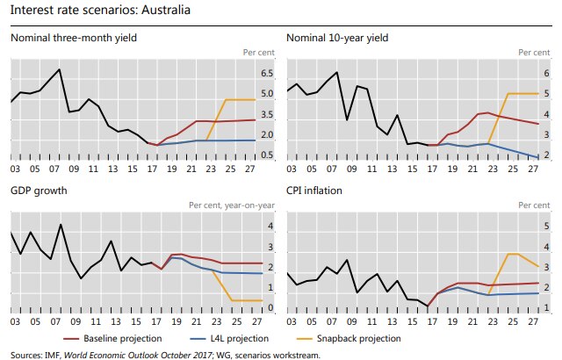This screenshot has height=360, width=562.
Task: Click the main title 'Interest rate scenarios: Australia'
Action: (x=98, y=11)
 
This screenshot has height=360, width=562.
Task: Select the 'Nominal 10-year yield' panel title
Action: (x=337, y=38)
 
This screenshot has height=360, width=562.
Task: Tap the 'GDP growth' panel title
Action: (x=39, y=190)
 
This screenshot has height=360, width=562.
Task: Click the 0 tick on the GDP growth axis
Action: (x=270, y=307)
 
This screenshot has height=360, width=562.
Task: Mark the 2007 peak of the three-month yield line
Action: (x=59, y=69)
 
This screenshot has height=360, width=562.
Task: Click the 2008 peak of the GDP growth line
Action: (x=60, y=225)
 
